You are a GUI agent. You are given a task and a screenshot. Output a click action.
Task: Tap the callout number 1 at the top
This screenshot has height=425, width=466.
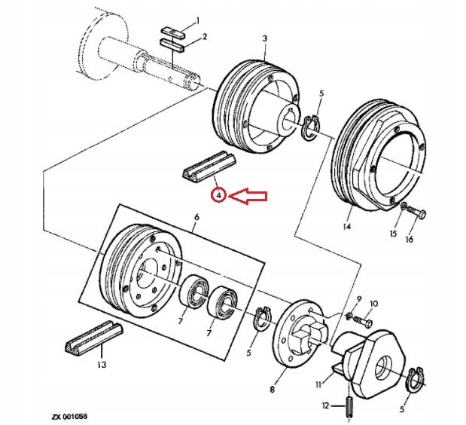pyautogui.click(x=198, y=20)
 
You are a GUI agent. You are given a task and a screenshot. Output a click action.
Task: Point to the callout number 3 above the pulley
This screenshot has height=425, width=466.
pyautogui.click(x=264, y=38)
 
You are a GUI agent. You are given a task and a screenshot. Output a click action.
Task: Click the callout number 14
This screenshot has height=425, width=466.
pyautogui.click(x=349, y=225)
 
